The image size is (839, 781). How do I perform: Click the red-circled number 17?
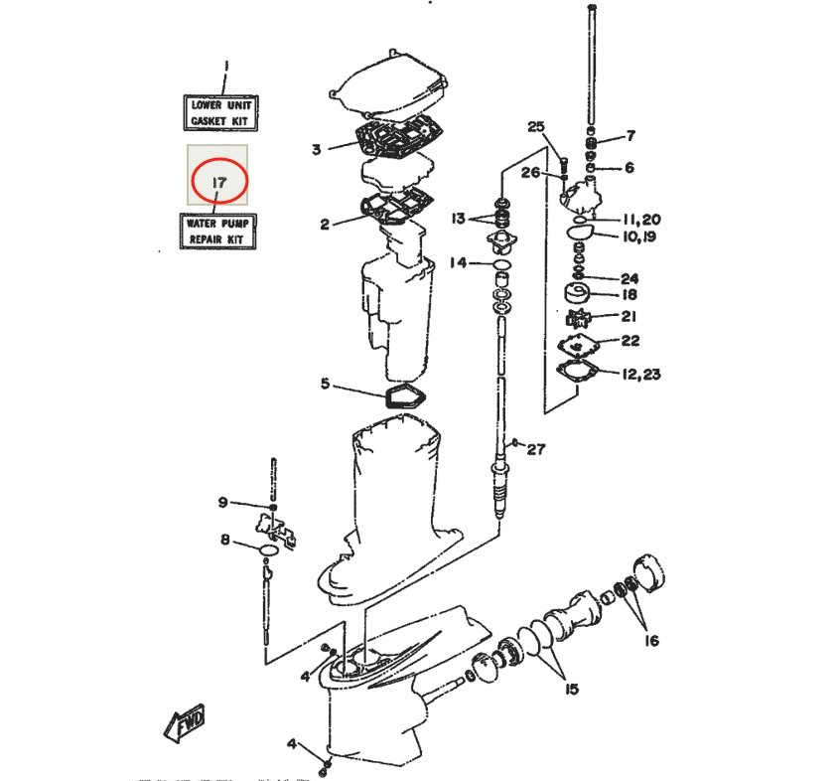pos(219,182)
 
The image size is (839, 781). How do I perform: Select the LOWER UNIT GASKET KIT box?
pos(220,113)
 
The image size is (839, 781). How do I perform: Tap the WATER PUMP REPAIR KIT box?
pos(217,232)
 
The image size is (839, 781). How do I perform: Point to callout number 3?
pos(317,149)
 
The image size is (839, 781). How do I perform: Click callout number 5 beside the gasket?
pos(326,384)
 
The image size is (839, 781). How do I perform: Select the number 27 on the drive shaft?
pos(537,448)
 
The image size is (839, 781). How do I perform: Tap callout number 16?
pos(651,640)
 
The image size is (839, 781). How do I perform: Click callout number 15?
pos(572,689)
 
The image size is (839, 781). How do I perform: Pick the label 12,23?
pos(641,374)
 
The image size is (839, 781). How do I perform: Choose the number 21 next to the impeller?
pos(629,316)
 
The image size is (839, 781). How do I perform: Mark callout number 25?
pos(536,127)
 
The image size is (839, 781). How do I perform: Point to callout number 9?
pos(223,502)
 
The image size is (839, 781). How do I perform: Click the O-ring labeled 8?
pos(269,550)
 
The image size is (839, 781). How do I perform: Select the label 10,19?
pos(640,236)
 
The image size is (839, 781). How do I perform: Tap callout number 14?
pos(458,262)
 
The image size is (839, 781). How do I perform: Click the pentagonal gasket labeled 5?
pos(405,397)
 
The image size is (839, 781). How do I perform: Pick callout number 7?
pos(630,135)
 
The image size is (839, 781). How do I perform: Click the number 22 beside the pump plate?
pos(630,341)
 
